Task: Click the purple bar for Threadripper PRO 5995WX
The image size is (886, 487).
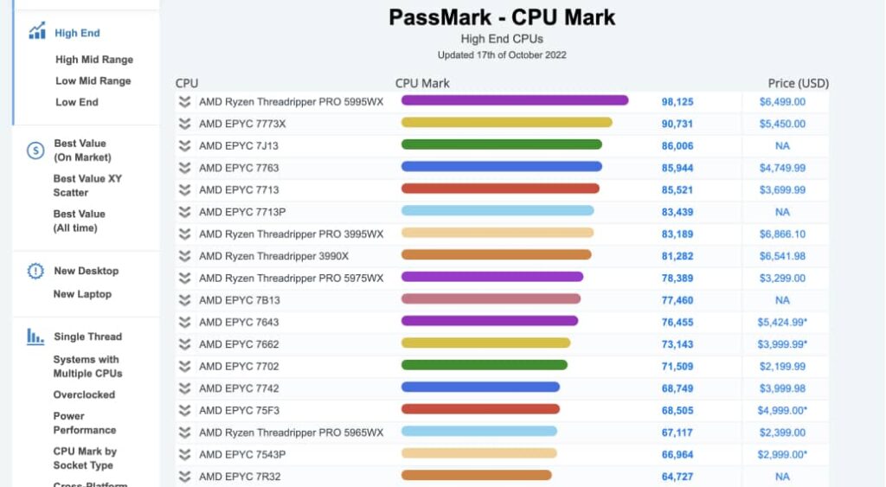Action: point(514,101)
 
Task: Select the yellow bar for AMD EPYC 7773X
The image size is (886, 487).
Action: point(506,123)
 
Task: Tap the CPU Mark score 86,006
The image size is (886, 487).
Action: point(677,146)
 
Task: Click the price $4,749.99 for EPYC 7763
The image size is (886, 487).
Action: point(782,168)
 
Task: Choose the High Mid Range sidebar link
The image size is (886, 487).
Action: point(94,60)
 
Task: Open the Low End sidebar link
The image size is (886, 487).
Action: point(77,102)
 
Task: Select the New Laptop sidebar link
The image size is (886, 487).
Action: point(82,294)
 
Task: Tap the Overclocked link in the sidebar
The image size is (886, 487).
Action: point(84,394)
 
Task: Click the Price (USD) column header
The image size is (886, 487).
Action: point(798,83)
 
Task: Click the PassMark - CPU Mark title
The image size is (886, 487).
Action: point(502,17)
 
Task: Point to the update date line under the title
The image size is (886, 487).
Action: point(502,55)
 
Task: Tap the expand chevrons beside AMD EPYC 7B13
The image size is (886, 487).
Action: point(184,300)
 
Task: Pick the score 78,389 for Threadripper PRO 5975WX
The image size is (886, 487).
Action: point(677,279)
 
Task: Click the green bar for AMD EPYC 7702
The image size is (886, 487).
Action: point(484,366)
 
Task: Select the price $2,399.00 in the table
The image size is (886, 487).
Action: point(782,433)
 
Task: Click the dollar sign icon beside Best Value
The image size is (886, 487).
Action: point(35,151)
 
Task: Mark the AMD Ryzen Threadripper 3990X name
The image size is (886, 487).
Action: point(273,256)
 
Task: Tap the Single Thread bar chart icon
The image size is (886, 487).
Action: point(35,336)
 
